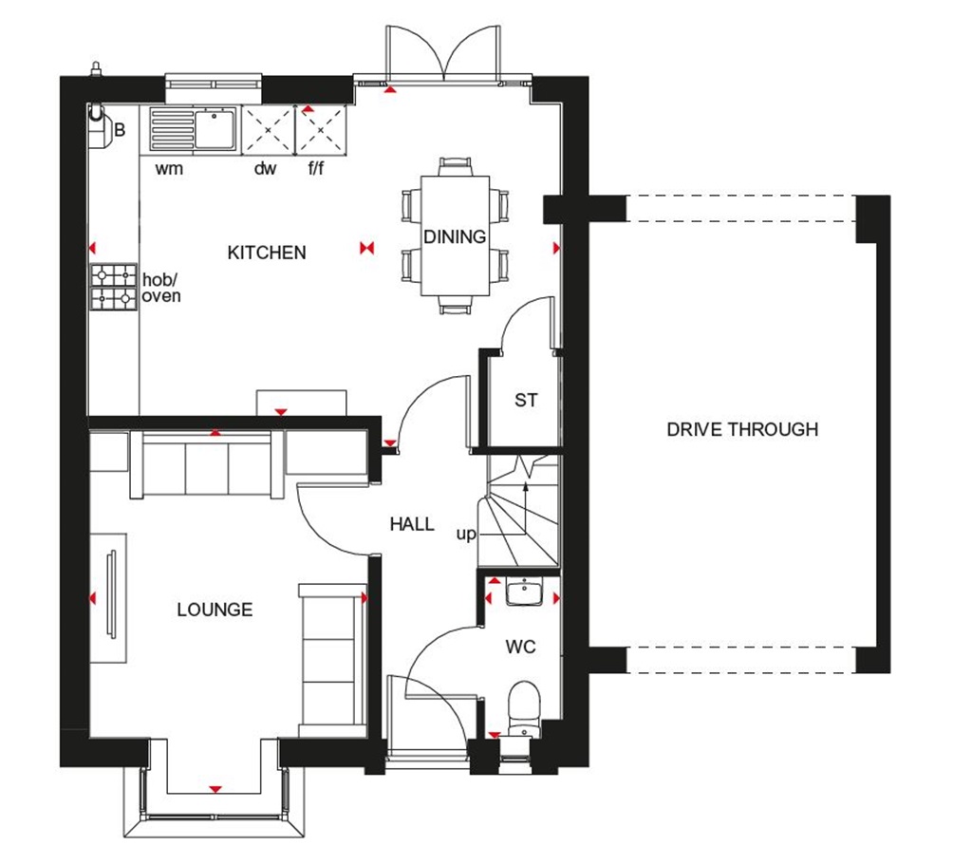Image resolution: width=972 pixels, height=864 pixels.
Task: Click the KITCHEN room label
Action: click(x=267, y=253)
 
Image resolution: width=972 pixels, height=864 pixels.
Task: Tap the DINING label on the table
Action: click(x=454, y=236)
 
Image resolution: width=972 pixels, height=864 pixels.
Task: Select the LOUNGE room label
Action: click(x=215, y=610)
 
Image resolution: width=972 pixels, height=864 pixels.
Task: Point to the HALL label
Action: click(x=412, y=524)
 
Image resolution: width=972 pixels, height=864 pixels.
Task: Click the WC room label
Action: click(x=520, y=648)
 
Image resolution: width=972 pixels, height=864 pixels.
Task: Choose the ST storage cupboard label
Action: click(x=526, y=401)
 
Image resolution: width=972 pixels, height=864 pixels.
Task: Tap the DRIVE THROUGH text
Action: click(x=741, y=429)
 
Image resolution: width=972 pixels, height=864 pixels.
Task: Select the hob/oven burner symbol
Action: click(x=113, y=288)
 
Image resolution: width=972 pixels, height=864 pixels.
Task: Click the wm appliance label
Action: click(x=169, y=170)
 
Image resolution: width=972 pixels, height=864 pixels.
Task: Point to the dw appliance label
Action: click(x=265, y=170)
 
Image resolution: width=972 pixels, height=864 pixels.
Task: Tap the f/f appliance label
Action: click(x=316, y=170)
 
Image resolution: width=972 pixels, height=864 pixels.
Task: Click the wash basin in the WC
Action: click(x=523, y=592)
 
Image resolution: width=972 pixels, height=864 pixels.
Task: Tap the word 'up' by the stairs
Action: click(x=465, y=535)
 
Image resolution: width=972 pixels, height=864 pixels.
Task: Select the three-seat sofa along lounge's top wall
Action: click(x=207, y=464)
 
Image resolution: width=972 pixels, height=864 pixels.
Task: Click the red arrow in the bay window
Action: click(x=215, y=788)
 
